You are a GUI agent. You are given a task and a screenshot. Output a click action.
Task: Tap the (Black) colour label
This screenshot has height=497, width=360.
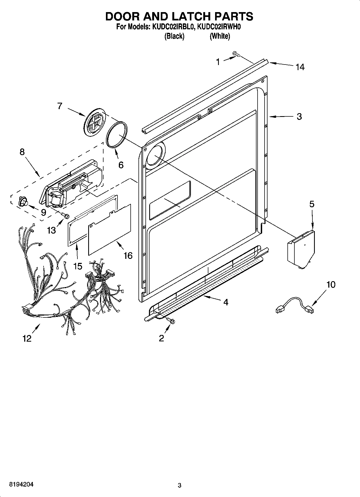click(x=174, y=36)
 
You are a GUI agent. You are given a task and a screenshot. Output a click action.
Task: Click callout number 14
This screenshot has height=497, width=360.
click(x=300, y=67)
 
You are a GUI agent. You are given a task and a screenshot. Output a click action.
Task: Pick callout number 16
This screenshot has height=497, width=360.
click(x=128, y=255)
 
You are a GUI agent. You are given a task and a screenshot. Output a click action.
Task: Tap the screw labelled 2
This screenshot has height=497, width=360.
click(x=170, y=320)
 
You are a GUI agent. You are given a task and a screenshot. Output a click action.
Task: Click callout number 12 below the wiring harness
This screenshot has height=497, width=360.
click(x=27, y=338)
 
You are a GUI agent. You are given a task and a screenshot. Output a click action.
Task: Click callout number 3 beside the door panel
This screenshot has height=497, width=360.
click(x=299, y=116)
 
